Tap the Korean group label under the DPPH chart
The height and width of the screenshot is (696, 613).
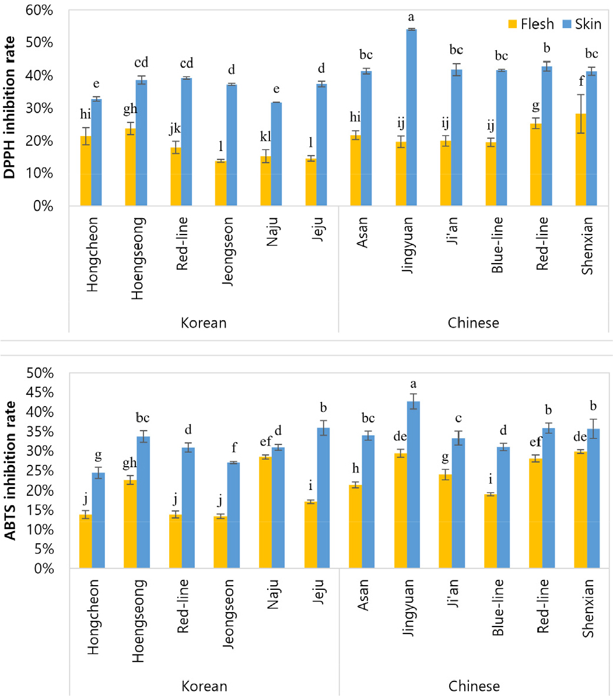click(x=203, y=323)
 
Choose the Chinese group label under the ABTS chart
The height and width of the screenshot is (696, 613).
click(x=474, y=685)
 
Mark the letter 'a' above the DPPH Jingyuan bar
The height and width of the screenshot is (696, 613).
click(x=411, y=18)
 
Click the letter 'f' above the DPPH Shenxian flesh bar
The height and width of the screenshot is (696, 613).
click(x=580, y=83)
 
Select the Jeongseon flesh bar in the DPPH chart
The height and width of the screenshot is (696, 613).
click(x=220, y=183)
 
